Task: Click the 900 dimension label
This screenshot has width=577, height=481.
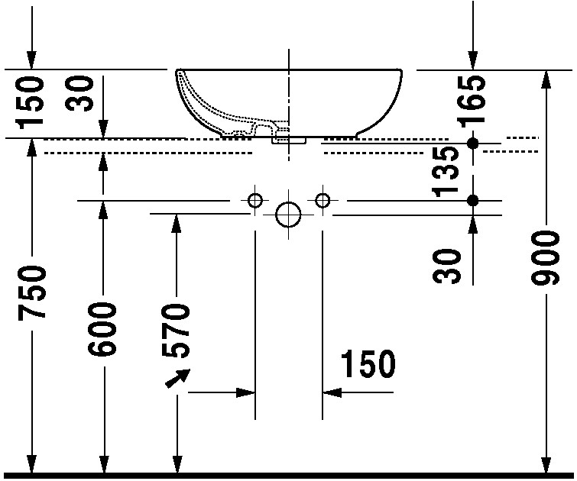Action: (546, 257)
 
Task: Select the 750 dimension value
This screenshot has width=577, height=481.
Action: (32, 292)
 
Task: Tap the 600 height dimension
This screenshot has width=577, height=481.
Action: (102, 329)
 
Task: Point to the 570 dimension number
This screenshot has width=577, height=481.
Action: (176, 331)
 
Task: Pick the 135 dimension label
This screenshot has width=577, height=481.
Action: (446, 172)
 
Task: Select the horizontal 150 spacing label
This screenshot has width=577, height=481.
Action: (368, 363)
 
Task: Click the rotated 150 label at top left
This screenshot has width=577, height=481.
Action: (30, 102)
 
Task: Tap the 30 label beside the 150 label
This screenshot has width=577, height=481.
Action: (79, 93)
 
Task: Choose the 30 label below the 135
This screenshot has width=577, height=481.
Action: (447, 266)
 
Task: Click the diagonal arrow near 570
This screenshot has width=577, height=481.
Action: (177, 379)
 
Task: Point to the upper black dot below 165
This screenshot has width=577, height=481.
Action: (473, 143)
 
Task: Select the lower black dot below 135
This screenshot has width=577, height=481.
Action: (473, 200)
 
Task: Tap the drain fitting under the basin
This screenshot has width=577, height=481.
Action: (289, 140)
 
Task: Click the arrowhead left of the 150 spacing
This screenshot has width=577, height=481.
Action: (245, 392)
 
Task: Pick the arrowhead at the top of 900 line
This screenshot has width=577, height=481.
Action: (547, 79)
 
